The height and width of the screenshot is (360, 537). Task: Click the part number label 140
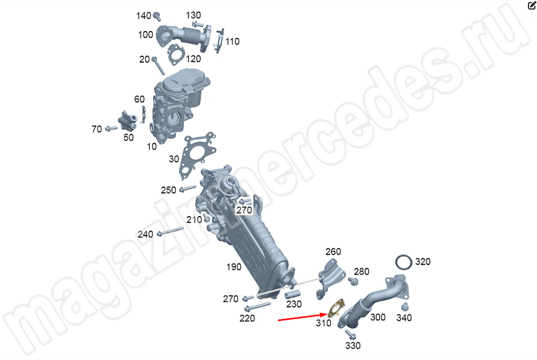[x=143, y=16]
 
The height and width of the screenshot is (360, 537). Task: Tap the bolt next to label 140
[x=157, y=16]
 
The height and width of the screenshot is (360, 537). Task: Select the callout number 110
[x=232, y=41]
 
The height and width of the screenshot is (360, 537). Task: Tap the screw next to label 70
[x=111, y=128]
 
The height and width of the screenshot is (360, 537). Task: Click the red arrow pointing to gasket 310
[x=303, y=317]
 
